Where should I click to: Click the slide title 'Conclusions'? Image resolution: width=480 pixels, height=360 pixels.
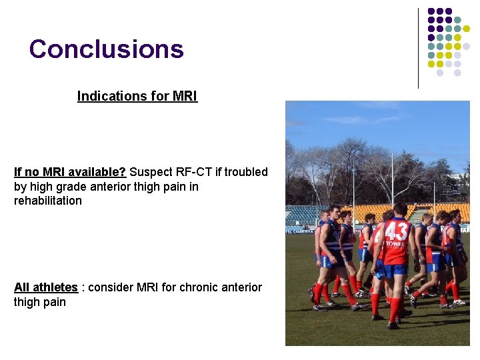[106, 49]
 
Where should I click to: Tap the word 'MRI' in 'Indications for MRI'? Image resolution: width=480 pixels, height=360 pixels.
[185, 96]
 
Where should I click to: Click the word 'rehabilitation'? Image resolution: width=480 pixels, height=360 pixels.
[48, 201]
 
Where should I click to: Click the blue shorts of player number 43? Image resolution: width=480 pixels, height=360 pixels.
[395, 271]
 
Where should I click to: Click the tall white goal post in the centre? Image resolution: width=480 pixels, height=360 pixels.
[392, 183]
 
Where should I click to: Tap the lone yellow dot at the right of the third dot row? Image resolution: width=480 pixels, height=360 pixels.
[466, 29]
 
